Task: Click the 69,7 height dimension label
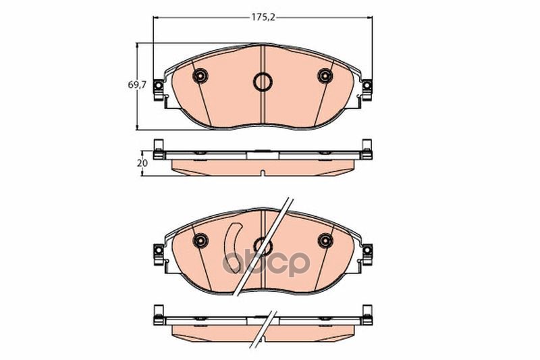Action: tap(138, 84)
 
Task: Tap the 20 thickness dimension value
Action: tap(142, 163)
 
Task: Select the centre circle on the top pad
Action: tap(263, 82)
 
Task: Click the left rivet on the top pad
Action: tap(200, 76)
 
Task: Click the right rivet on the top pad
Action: tap(325, 76)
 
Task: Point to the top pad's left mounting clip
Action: tap(159, 91)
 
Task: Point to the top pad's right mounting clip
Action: tap(367, 91)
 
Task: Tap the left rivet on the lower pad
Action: tap(200, 240)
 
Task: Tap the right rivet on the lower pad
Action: tap(325, 240)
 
